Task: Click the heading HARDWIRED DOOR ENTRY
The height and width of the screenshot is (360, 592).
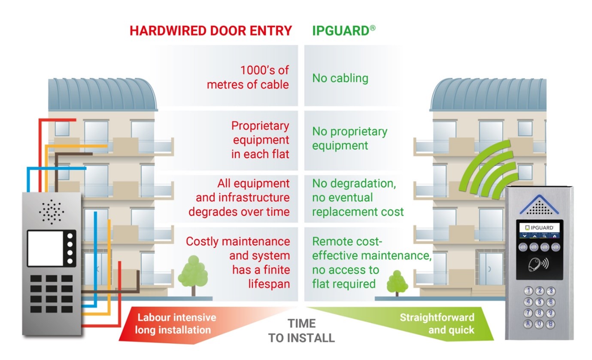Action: (x=211, y=31)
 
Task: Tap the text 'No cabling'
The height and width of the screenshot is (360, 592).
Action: (x=340, y=78)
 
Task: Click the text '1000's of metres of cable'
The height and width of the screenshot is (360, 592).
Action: (x=248, y=77)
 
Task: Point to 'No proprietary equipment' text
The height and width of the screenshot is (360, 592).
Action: (x=349, y=138)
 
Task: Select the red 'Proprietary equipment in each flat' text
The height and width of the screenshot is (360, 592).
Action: (x=260, y=140)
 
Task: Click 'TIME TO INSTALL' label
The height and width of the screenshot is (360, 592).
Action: (x=301, y=330)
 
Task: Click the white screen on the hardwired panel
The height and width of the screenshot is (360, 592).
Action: (x=46, y=248)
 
